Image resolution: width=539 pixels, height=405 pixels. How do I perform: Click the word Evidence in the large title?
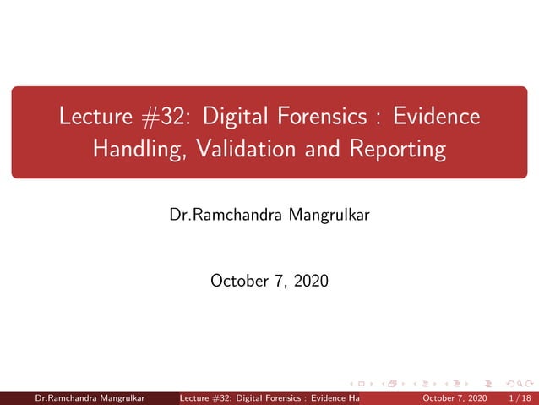tap(438, 117)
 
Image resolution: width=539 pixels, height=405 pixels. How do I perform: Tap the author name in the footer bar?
tap(88, 398)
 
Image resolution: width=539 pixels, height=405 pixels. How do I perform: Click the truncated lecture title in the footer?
tap(270, 398)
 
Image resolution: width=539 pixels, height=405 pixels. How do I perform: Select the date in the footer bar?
tap(454, 398)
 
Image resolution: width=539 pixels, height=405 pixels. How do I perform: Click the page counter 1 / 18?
tap(516, 398)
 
